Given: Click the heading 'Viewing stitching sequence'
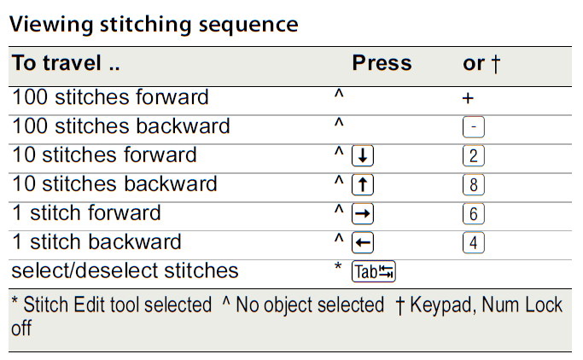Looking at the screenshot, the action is point(154,24).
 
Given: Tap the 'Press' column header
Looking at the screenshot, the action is point(382,64).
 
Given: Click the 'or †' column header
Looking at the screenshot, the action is point(481,64).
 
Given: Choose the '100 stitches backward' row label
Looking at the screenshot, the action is point(120,126).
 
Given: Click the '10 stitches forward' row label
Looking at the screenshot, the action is point(104,155).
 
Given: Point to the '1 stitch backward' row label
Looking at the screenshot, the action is point(96,242).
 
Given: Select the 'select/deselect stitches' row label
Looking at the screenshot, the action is point(125,271).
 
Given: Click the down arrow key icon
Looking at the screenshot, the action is point(364,156).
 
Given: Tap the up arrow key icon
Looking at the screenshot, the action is point(364,185).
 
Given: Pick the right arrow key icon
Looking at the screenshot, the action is point(364,214).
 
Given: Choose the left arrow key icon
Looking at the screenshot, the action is point(364,243).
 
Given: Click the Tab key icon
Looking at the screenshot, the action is point(374,272).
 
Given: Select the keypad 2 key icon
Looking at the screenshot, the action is point(474,156).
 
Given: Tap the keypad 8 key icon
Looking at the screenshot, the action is point(474,185).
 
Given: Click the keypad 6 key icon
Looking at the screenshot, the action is point(474,214).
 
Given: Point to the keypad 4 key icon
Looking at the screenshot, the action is point(474,243).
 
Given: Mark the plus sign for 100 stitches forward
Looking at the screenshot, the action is point(468,98).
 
